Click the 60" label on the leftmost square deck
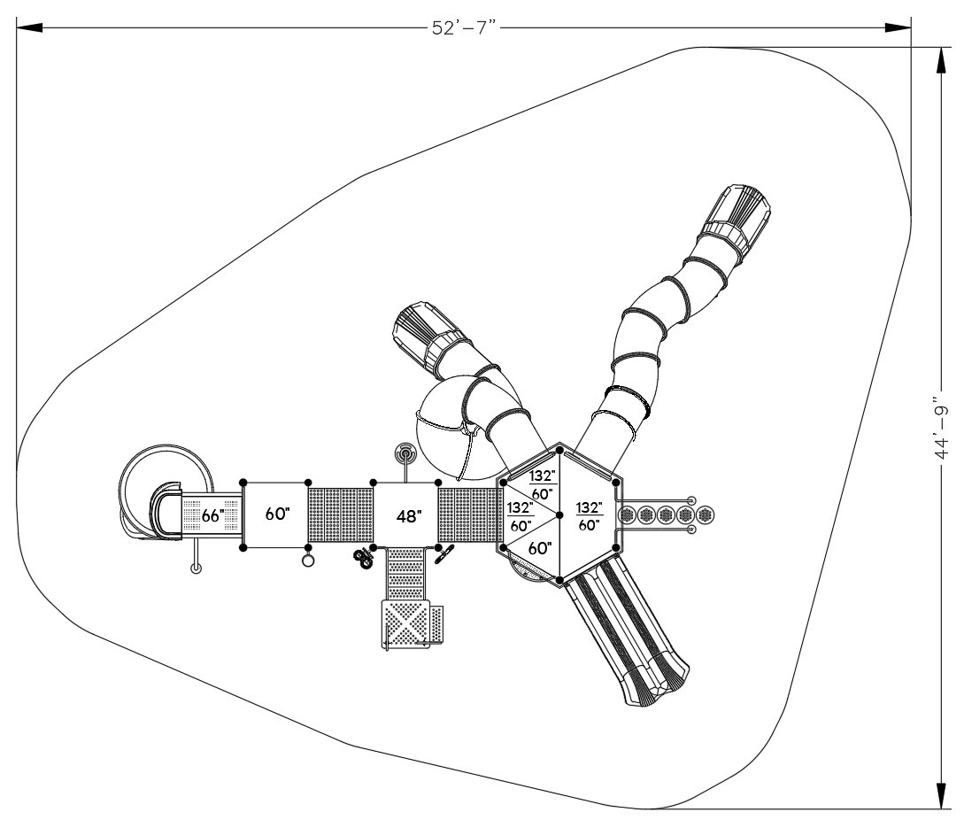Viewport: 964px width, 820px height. coord(275,514)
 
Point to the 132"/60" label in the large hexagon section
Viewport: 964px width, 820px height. coord(588,515)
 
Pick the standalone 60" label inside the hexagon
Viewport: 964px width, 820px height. coord(539,549)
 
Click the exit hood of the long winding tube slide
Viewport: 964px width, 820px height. coord(738,212)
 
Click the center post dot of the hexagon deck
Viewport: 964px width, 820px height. coord(559,514)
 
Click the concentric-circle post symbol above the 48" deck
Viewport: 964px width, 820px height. coord(405,455)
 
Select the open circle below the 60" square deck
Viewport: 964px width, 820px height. coord(308,561)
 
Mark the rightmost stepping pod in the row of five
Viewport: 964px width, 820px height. coord(705,514)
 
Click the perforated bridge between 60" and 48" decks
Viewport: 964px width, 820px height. coord(340,515)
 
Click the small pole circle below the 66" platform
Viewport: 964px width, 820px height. coord(196,569)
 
